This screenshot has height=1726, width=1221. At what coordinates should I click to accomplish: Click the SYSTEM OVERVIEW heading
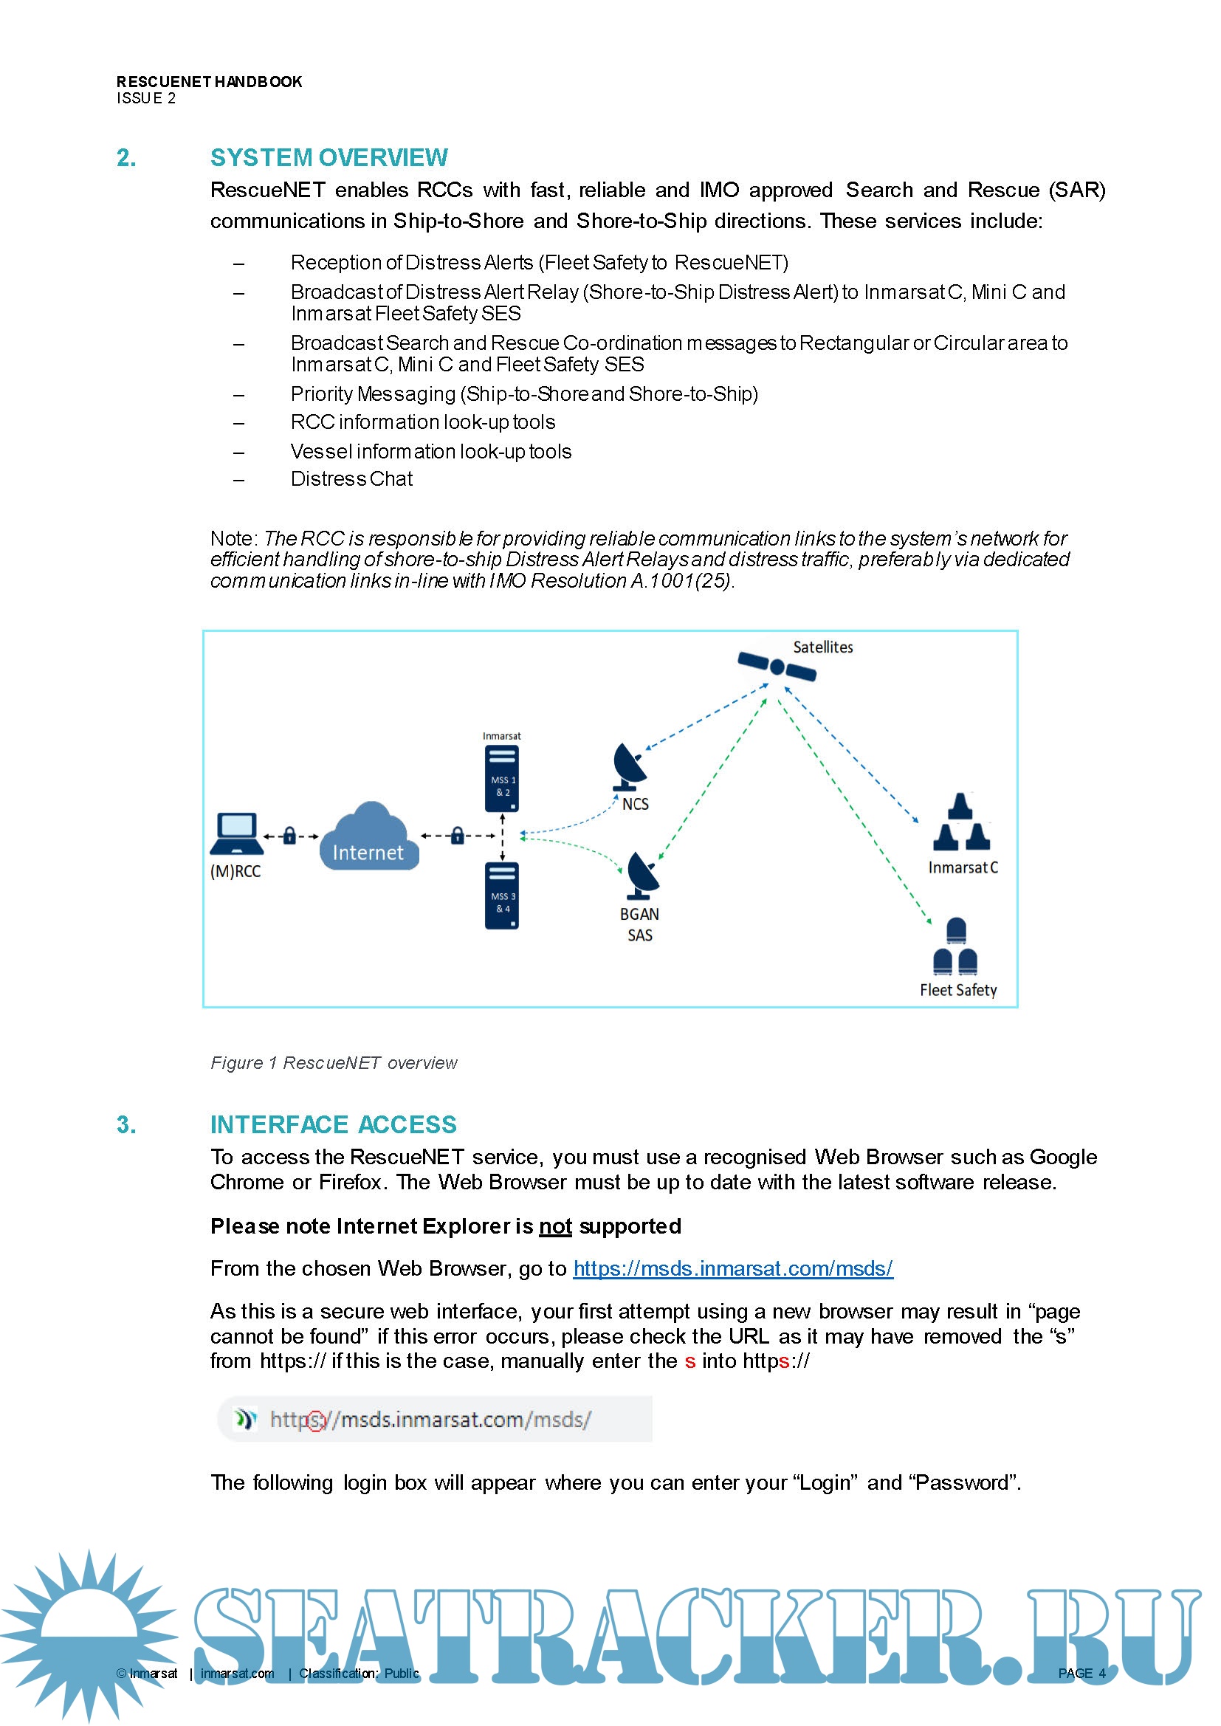[329, 158]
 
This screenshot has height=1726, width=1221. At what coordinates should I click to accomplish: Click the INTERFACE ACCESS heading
[333, 1124]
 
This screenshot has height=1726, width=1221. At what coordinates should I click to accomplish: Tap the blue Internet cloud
[368, 837]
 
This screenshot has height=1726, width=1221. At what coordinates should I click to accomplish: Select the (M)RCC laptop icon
[237, 833]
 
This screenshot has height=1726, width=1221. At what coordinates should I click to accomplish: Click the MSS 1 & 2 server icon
[502, 779]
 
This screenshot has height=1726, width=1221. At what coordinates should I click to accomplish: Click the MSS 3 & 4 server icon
[502, 895]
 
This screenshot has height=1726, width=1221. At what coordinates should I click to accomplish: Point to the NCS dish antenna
[629, 766]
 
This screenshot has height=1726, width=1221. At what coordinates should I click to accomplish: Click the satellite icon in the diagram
[777, 666]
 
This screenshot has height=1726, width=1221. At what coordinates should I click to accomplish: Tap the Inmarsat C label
[963, 867]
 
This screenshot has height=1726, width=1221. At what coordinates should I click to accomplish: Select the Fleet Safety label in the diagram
[958, 990]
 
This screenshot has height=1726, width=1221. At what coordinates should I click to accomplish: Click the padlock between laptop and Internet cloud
[289, 835]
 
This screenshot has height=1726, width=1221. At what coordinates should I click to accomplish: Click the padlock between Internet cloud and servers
[457, 835]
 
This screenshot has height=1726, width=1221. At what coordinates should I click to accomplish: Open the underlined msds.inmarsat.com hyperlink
[732, 1269]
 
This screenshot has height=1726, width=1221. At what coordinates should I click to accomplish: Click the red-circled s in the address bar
[317, 1420]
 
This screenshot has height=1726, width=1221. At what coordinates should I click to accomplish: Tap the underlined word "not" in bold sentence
[556, 1227]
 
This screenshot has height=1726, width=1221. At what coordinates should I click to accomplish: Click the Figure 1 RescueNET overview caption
[333, 1063]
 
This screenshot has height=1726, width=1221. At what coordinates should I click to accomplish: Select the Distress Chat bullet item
[351, 480]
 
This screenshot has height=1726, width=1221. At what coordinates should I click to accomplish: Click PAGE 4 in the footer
[1081, 1674]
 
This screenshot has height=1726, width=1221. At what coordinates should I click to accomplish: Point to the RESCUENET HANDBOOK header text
[209, 82]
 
